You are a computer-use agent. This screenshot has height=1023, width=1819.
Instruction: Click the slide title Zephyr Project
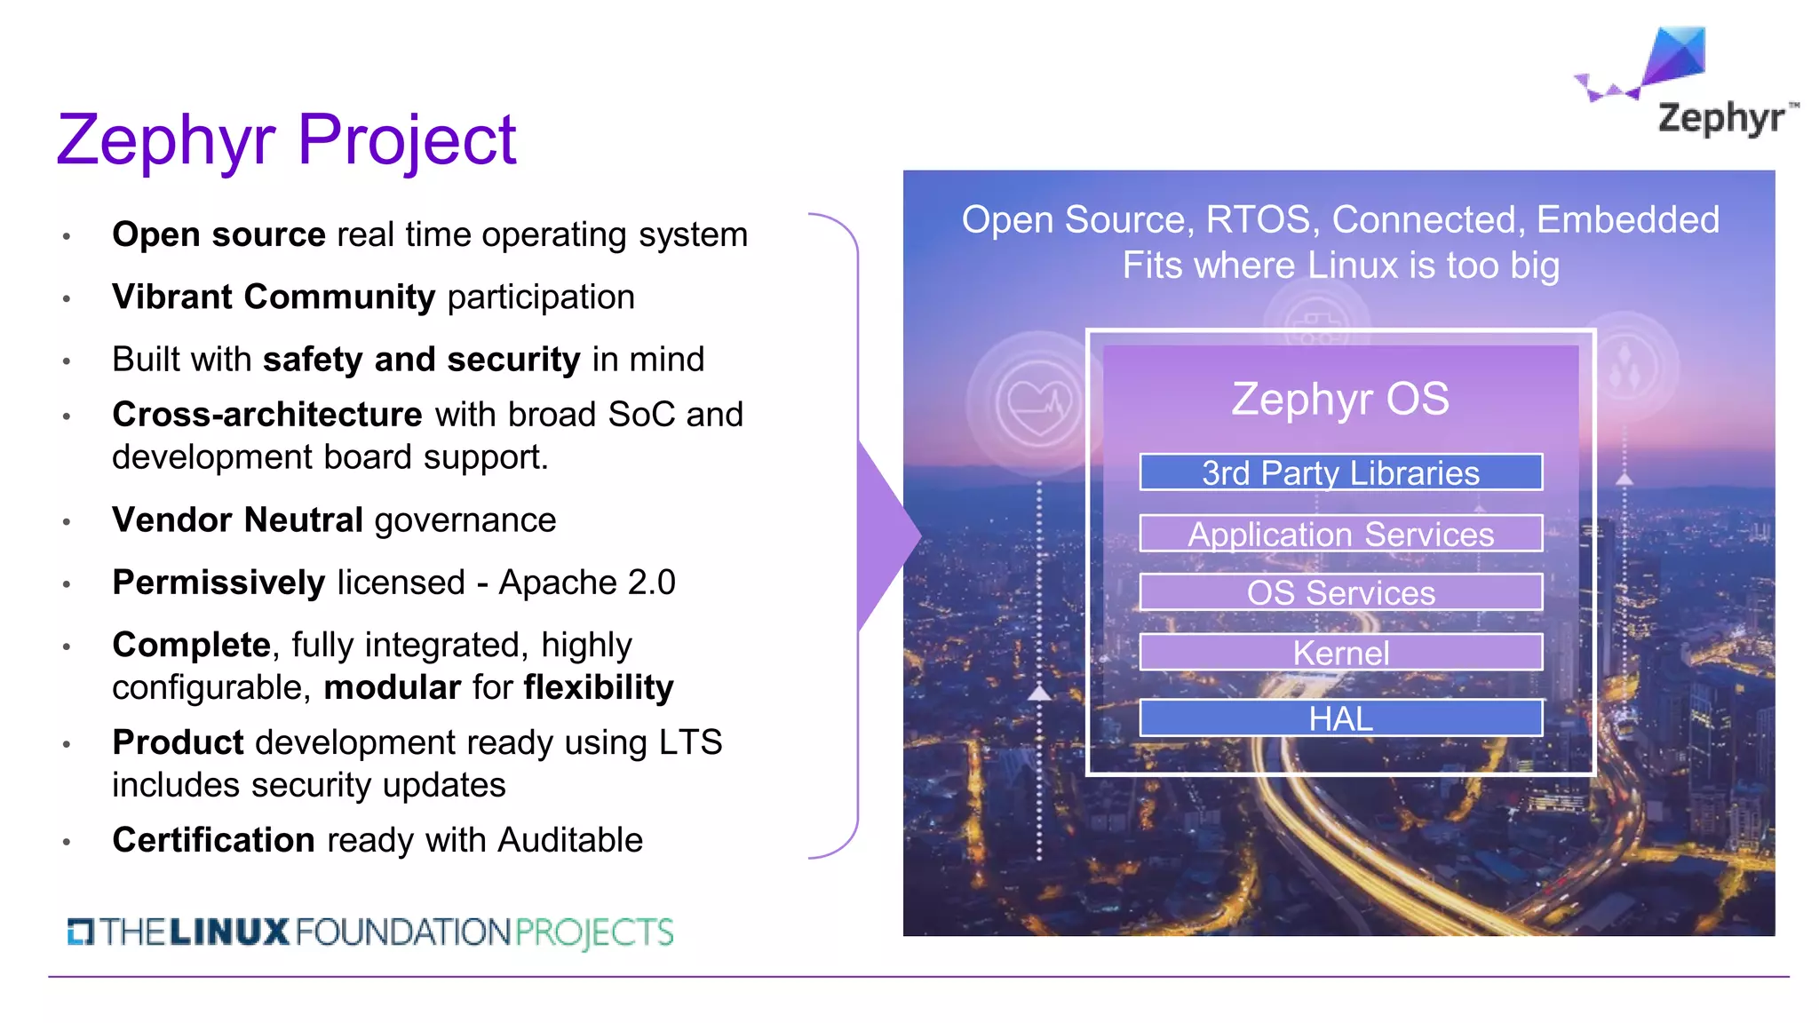click(x=286, y=139)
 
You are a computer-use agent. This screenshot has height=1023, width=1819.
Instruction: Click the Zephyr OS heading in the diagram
click(x=1339, y=399)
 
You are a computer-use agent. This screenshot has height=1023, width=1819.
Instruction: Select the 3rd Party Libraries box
click(x=1340, y=472)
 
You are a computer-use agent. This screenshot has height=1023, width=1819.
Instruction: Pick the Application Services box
click(x=1340, y=534)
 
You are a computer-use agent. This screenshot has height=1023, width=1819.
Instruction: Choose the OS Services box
click(x=1340, y=592)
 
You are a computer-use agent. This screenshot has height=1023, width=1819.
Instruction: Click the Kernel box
click(x=1340, y=653)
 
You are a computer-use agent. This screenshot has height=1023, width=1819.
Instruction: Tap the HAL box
click(x=1340, y=718)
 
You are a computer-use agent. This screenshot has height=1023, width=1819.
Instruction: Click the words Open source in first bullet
click(x=218, y=235)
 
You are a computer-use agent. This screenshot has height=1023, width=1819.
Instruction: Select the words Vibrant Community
click(x=274, y=297)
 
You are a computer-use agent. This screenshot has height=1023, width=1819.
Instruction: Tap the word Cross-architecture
click(x=266, y=415)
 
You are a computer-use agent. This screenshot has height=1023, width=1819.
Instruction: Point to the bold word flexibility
click(x=598, y=687)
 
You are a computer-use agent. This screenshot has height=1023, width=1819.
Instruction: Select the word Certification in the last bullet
click(x=213, y=840)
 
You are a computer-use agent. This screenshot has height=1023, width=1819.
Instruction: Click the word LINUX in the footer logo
click(x=229, y=932)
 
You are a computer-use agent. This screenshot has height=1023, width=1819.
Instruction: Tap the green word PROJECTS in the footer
click(x=593, y=932)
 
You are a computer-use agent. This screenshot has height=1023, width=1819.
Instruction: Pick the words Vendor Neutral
click(x=237, y=520)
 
